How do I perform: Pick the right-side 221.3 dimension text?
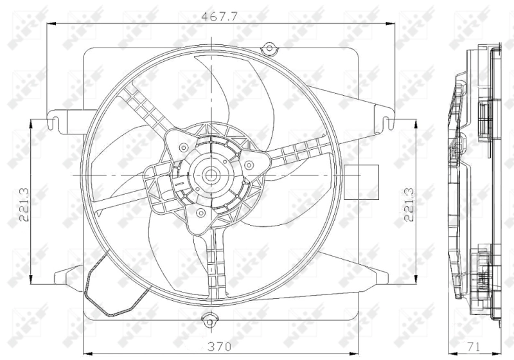(408, 204)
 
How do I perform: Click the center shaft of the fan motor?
(210, 175)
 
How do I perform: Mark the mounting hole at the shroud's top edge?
(269, 46)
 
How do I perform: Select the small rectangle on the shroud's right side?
(353, 182)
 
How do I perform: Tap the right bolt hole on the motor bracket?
(248, 165)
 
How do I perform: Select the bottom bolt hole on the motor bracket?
(200, 212)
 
